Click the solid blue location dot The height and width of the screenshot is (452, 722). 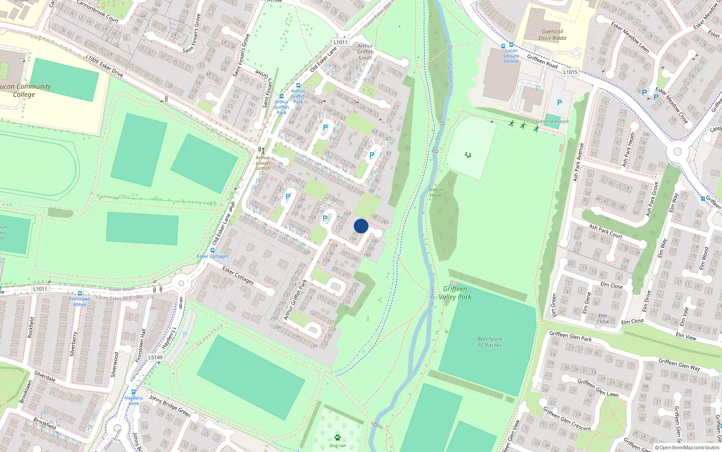click(x=361, y=226)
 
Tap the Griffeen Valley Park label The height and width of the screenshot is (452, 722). click(x=455, y=293)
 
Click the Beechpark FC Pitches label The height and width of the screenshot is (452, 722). click(x=490, y=342)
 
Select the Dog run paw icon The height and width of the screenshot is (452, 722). click(x=338, y=437)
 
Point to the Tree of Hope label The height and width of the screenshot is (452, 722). click(x=435, y=193)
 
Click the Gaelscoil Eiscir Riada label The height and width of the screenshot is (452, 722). click(x=552, y=35)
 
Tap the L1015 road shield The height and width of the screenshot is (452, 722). click(x=570, y=72)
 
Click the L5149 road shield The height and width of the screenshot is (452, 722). click(x=155, y=357)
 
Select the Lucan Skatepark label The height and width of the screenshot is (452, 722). click(x=552, y=121)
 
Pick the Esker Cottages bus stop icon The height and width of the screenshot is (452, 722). click(x=213, y=250)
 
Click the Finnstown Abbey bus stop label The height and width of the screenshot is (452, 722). click(x=80, y=301)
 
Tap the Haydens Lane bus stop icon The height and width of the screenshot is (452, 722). click(x=134, y=392)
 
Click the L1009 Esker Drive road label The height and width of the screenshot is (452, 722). click(x=104, y=66)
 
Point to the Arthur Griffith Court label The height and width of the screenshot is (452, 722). click(x=365, y=52)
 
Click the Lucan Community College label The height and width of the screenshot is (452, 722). click(x=25, y=90)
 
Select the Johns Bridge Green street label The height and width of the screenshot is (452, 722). click(x=170, y=405)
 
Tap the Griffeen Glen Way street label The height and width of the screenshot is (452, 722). click(x=679, y=364)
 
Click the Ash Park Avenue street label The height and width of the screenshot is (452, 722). click(x=578, y=163)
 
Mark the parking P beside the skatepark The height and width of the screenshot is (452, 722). click(x=560, y=103)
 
